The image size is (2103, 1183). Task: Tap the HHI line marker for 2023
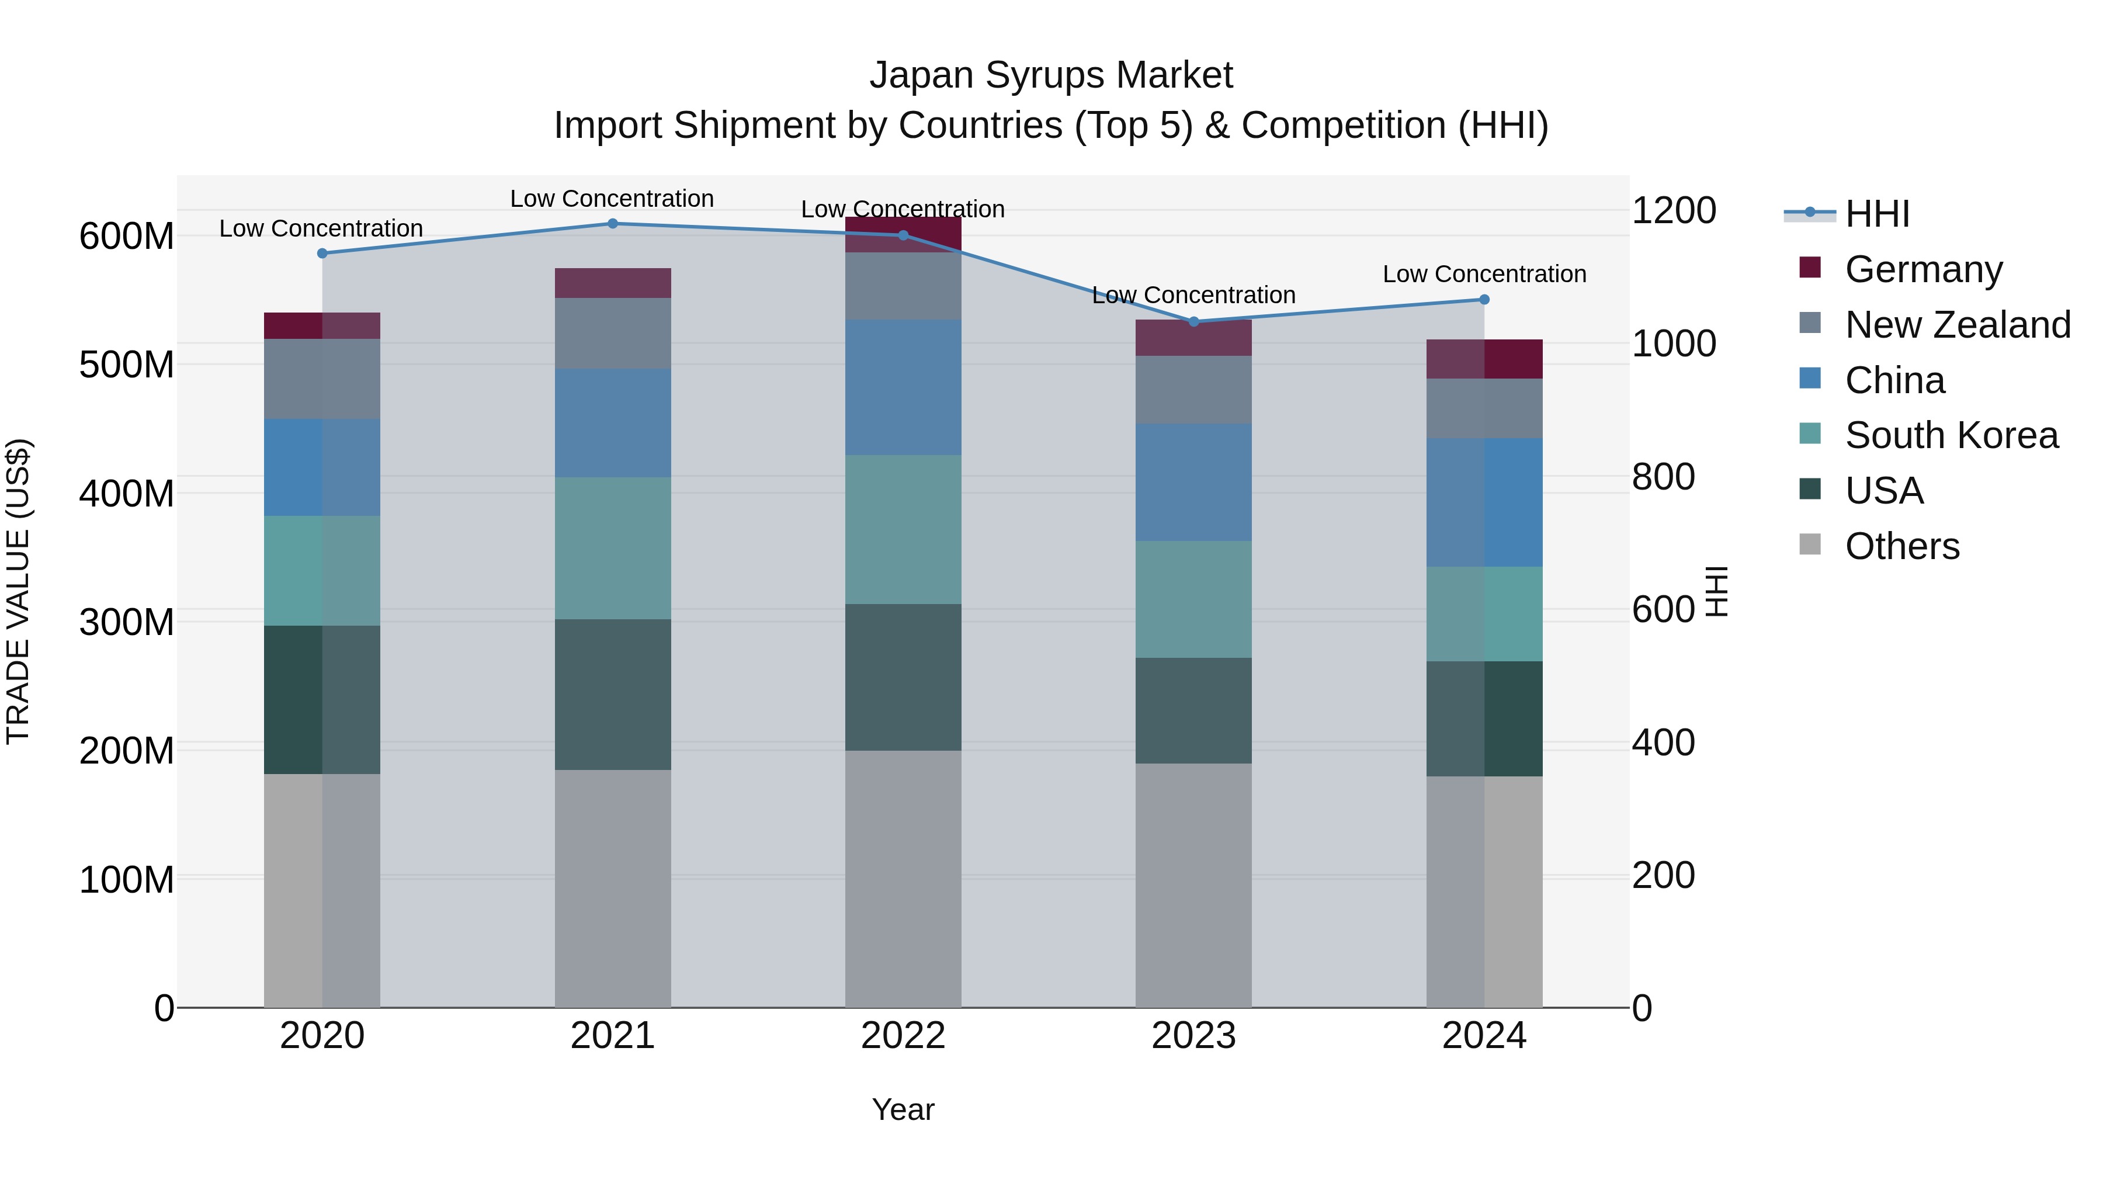pyautogui.click(x=1193, y=322)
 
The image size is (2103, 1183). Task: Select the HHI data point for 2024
pyautogui.click(x=1484, y=300)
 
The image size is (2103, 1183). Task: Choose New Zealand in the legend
pyautogui.click(x=1957, y=325)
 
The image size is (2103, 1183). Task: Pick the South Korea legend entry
pyautogui.click(x=1951, y=435)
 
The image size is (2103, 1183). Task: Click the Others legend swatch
pyautogui.click(x=1810, y=544)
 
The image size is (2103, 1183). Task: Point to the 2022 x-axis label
pyautogui.click(x=903, y=1036)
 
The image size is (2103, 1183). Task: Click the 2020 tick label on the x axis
pyautogui.click(x=322, y=1036)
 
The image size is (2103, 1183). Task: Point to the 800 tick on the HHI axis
pyautogui.click(x=1663, y=477)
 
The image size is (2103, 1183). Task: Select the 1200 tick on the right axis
pyautogui.click(x=1673, y=211)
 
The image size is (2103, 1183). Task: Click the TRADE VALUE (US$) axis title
pyautogui.click(x=18, y=591)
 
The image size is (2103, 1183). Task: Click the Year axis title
pyautogui.click(x=903, y=1109)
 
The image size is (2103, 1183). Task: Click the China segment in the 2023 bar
pyautogui.click(x=1193, y=482)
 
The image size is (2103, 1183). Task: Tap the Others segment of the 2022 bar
pyautogui.click(x=903, y=879)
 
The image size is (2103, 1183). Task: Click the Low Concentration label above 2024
pyautogui.click(x=1484, y=275)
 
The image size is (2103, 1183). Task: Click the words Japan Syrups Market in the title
pyautogui.click(x=1051, y=75)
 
